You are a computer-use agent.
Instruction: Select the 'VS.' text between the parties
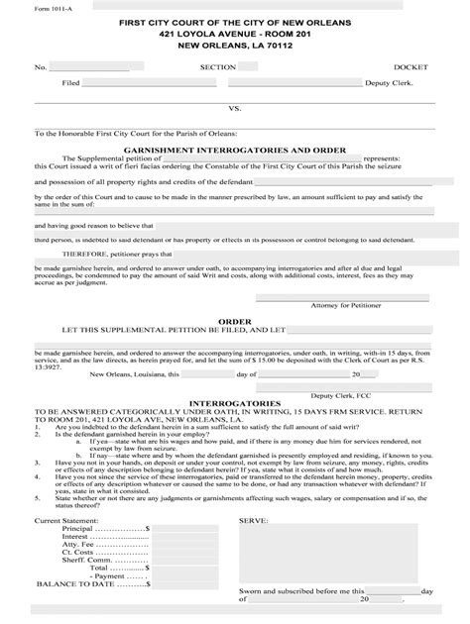[x=235, y=108]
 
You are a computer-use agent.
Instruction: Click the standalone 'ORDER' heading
[x=234, y=321]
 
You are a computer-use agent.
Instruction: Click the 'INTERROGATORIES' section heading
[x=234, y=404]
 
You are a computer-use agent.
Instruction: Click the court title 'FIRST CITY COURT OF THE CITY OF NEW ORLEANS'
[x=235, y=21]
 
